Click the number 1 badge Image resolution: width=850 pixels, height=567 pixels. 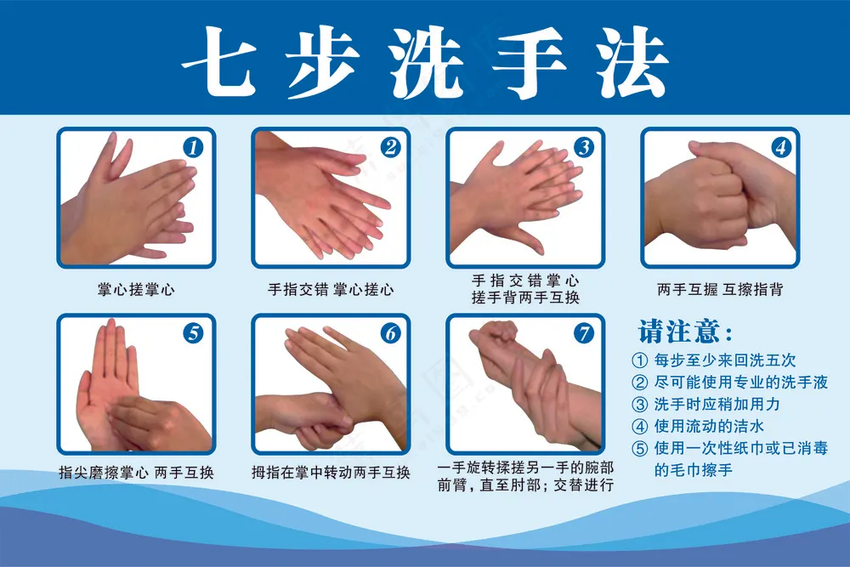(195, 147)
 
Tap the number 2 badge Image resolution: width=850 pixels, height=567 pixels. (389, 147)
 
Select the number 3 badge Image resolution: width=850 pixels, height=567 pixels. (583, 147)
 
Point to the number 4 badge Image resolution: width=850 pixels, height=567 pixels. (780, 147)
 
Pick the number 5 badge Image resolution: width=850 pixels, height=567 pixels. (195, 333)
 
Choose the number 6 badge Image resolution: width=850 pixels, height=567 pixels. (389, 333)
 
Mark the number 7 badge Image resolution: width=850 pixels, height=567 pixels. (583, 333)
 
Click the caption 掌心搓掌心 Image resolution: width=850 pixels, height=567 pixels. (136, 289)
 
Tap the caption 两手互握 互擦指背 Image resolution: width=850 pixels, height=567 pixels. (719, 289)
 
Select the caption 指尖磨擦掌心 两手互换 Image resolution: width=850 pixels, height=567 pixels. (136, 472)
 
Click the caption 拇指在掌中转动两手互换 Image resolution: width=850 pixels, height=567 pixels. (331, 472)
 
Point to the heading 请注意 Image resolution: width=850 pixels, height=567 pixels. (684, 330)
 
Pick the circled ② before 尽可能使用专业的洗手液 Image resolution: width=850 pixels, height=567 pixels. (640, 383)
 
